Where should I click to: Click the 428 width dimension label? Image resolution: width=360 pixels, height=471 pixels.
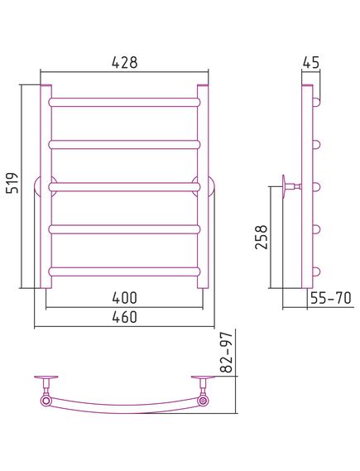tap(125, 62)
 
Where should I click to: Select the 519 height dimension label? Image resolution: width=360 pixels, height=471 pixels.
tap(12, 183)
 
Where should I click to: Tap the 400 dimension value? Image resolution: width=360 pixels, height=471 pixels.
tap(125, 298)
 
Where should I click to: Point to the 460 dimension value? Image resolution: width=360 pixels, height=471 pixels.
tap(125, 317)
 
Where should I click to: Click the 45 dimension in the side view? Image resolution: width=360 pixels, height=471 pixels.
tap(311, 62)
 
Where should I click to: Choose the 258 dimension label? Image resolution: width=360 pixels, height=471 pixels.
tap(261, 237)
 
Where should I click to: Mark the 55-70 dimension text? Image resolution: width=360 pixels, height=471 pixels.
tap(330, 298)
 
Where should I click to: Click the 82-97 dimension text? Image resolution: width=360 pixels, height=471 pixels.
tap(227, 352)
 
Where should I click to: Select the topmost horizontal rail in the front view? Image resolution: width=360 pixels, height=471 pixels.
tap(124, 102)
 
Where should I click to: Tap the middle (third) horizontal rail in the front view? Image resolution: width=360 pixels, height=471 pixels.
tap(124, 187)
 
